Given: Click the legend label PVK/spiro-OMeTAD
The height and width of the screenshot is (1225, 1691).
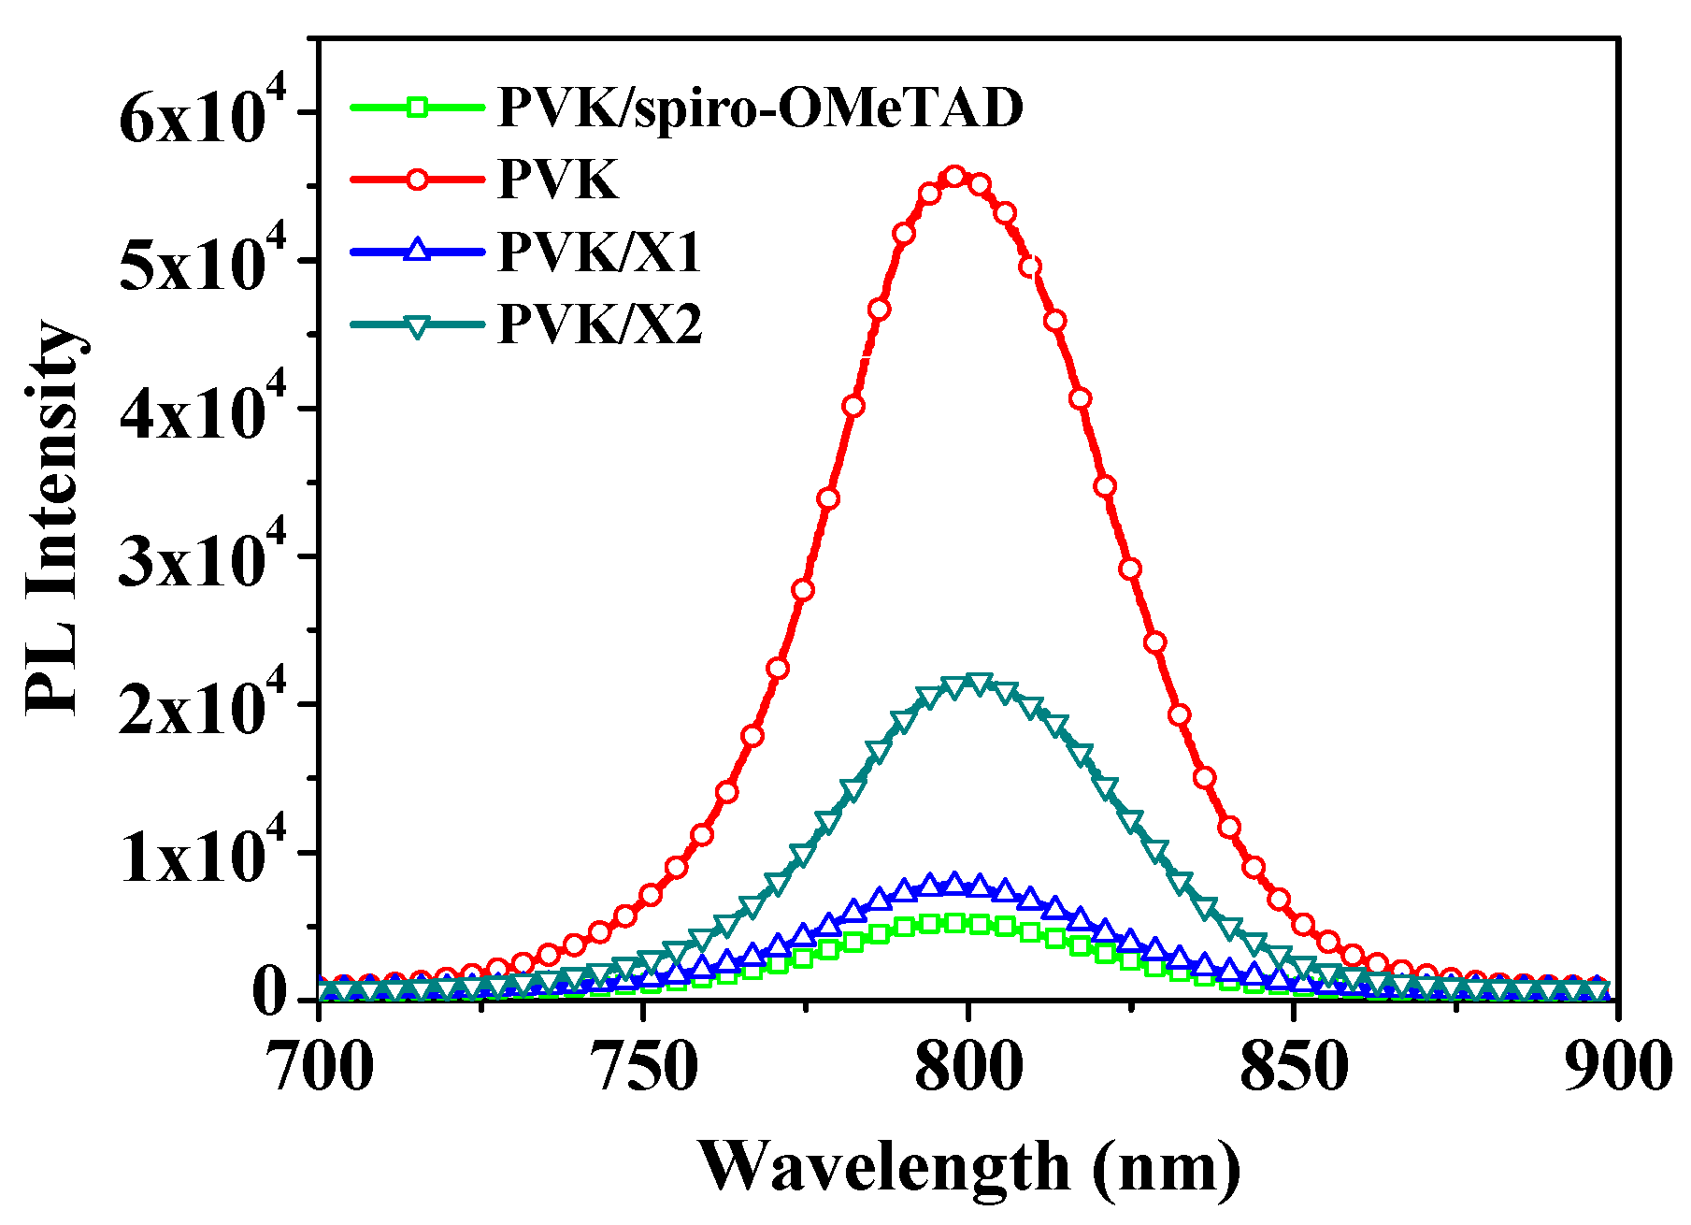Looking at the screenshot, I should (761, 108).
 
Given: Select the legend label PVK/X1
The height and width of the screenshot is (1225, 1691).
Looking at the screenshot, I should (599, 252).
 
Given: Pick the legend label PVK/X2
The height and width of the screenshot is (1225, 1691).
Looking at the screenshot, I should (599, 325).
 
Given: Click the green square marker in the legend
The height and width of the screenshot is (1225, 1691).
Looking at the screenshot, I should (418, 107).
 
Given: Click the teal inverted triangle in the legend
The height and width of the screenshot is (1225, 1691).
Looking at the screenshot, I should (418, 325).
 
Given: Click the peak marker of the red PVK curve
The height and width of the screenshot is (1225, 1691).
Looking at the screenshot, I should (954, 177).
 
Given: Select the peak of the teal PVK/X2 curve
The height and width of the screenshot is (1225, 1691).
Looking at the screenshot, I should (978, 685).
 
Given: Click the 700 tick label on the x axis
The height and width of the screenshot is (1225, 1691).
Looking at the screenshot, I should (320, 1068).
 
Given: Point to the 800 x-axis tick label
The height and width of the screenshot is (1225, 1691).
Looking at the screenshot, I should (968, 1068).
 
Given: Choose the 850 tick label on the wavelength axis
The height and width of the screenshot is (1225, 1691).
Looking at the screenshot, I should (1294, 1068).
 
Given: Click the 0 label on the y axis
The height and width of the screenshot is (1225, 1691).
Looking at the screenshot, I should (271, 997).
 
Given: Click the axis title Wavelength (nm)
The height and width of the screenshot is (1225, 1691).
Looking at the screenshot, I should (968, 1167).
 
